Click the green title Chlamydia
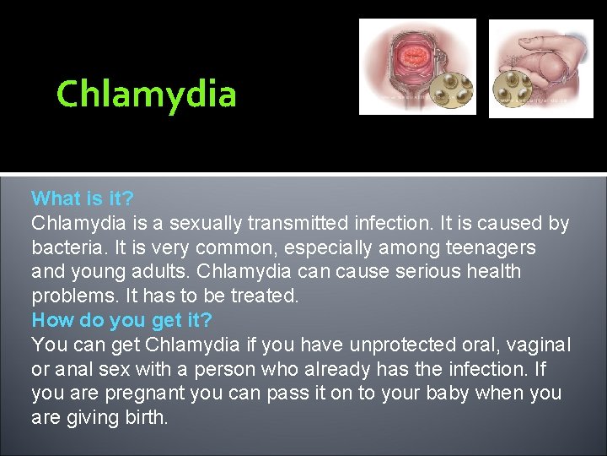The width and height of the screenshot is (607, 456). pos(146,94)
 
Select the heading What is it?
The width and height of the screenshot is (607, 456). pos(82,199)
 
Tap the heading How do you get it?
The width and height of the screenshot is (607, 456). pos(122,321)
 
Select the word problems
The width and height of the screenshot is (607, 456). pos(70,296)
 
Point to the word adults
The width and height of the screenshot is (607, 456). pos(171,273)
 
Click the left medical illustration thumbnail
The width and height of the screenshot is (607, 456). pos(417,67)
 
